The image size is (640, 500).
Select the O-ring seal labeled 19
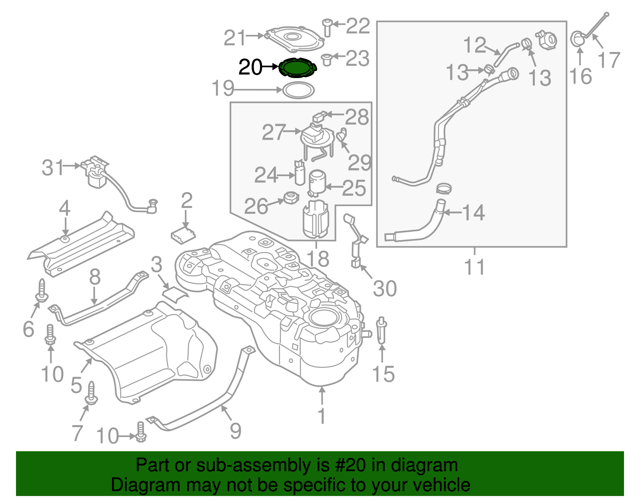tap(298, 90)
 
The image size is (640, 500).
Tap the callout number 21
tap(234, 38)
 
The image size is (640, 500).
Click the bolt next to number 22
tap(327, 27)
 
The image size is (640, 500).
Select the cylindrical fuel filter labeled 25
tap(317, 183)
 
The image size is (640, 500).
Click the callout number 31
tap(53, 167)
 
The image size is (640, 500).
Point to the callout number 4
tap(64, 209)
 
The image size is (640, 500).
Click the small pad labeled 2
tap(183, 235)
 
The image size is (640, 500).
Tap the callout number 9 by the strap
tap(236, 431)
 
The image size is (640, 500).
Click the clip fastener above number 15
tap(382, 330)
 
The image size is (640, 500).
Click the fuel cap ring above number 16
tap(577, 39)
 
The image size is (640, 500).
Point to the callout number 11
tap(474, 267)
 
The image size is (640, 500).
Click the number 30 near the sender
tap(384, 288)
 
